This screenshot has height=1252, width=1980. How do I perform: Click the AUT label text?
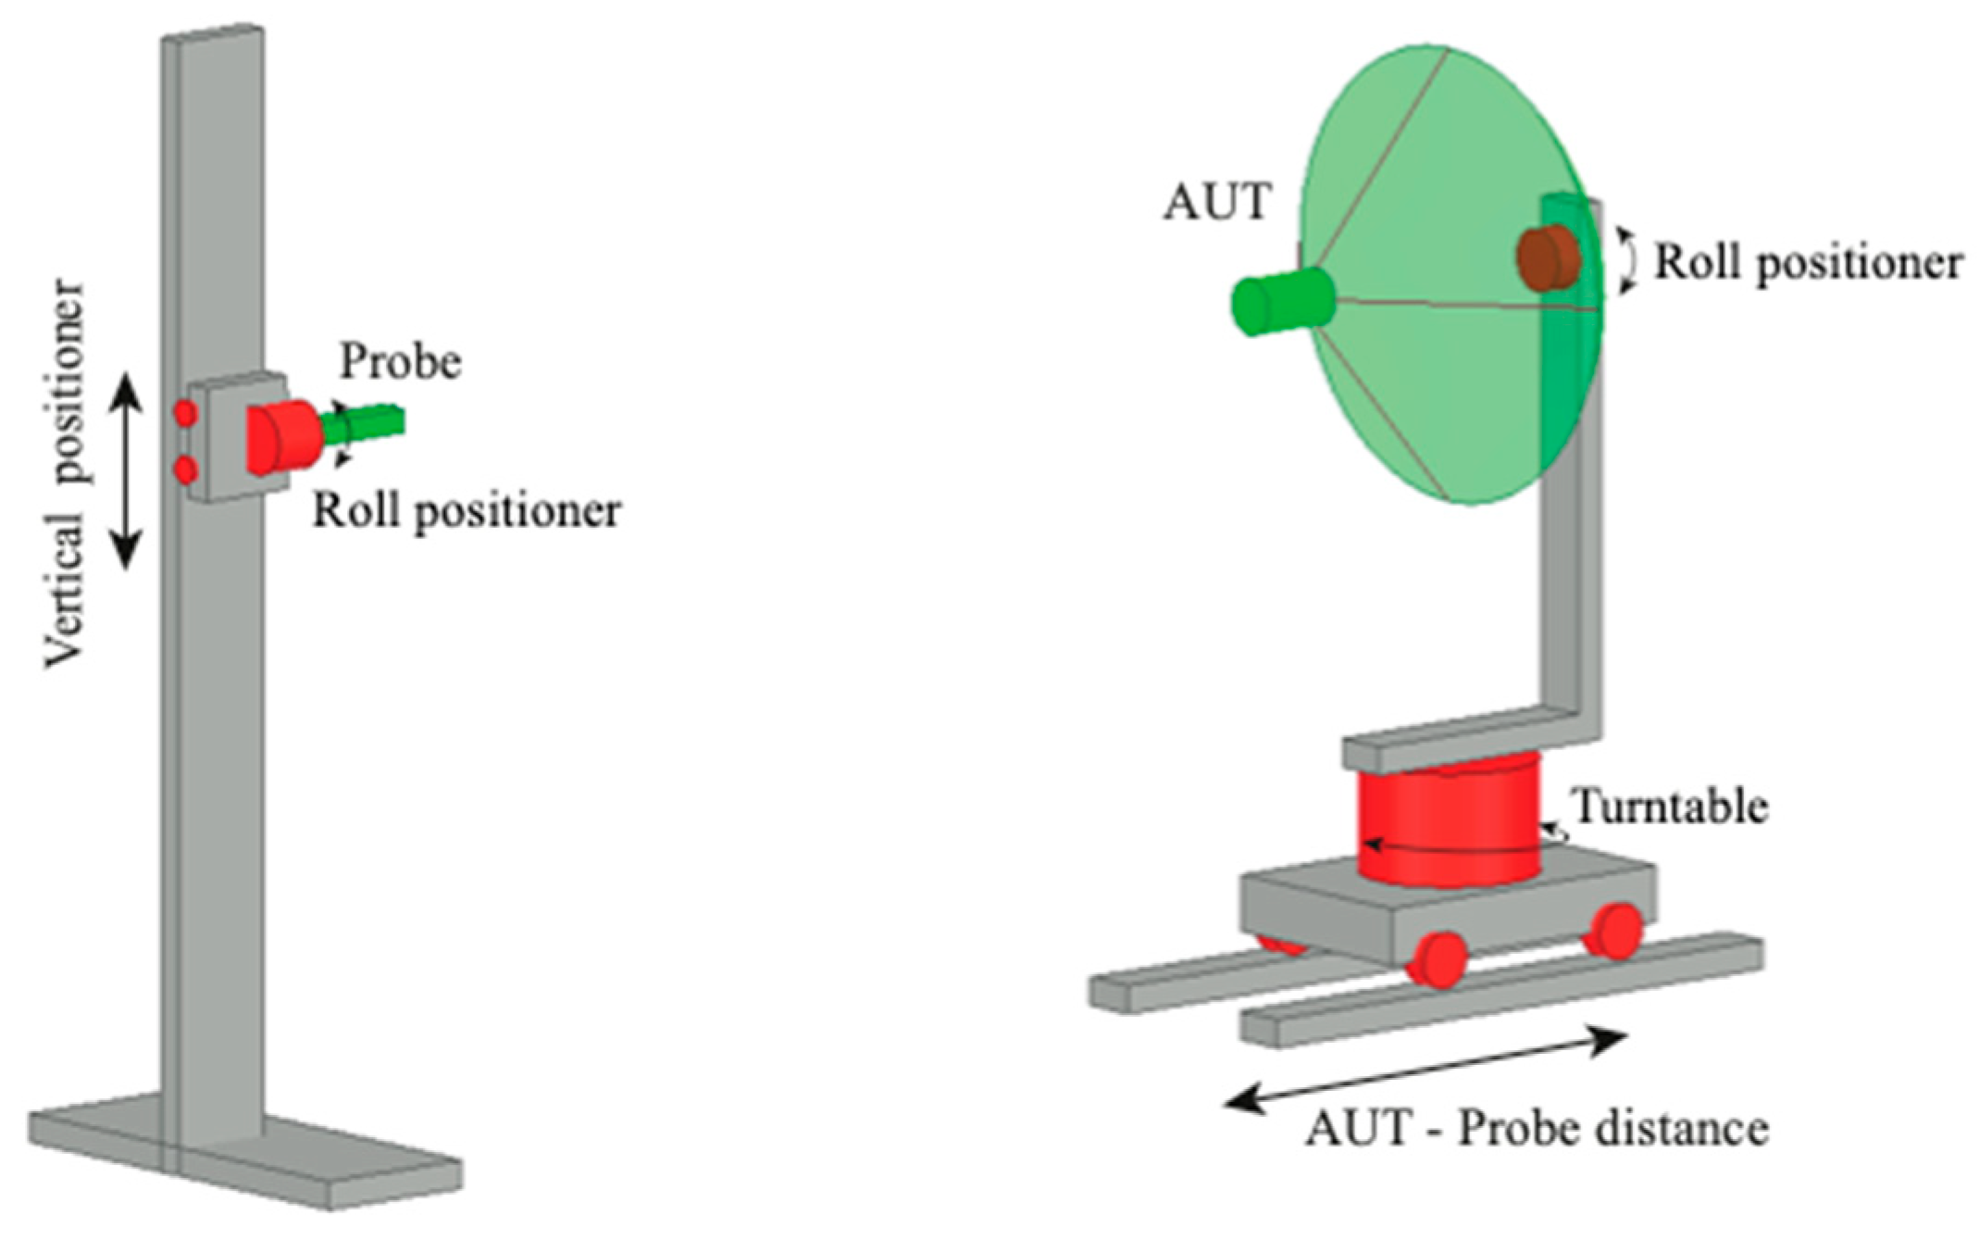pos(1216,202)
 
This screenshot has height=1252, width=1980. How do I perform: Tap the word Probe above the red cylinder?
pos(400,361)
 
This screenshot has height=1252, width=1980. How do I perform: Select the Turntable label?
pos(1670,807)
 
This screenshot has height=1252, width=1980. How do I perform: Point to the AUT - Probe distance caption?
pos(1537,1129)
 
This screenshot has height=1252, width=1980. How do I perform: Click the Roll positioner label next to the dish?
pos(1807,263)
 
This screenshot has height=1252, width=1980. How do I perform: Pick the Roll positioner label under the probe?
pos(467,510)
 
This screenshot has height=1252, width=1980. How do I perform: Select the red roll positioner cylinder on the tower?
pos(282,436)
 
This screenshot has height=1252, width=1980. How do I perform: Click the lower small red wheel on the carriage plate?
pos(186,471)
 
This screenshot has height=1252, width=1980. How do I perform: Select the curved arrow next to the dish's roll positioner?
pos(1626,261)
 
